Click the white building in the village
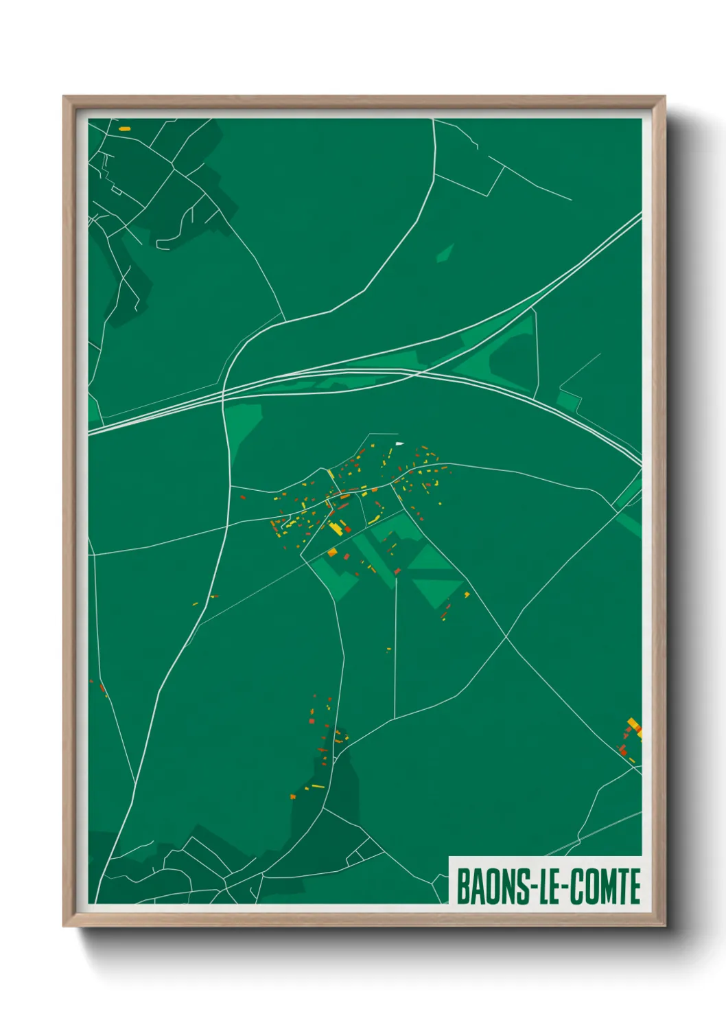400,443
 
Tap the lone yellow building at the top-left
124,128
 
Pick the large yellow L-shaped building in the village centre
337,528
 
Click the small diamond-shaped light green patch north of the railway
445,253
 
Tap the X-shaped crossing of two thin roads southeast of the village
506,636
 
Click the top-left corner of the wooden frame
64,97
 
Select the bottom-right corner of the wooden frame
664,925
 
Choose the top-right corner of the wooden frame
664,97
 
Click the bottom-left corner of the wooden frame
64,925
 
